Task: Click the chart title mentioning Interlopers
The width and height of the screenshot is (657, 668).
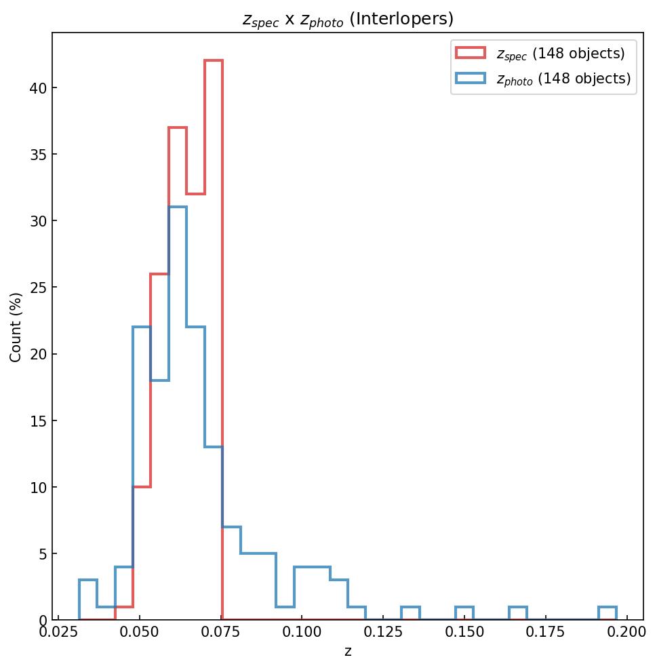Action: click(348, 20)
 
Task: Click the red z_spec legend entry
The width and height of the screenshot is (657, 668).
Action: click(540, 53)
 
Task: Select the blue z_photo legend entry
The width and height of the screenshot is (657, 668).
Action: click(543, 79)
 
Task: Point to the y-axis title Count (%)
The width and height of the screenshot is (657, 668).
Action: click(16, 327)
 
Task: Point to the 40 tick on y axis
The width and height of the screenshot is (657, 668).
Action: click(38, 87)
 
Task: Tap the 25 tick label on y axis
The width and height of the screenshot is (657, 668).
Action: click(38, 288)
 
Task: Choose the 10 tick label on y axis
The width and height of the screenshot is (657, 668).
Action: click(38, 487)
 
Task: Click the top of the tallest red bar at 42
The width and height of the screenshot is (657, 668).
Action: click(214, 61)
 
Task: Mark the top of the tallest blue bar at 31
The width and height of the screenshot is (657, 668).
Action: click(178, 208)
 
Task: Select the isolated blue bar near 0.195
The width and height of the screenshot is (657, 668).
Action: click(608, 608)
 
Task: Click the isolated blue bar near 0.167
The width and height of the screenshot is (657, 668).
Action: click(518, 608)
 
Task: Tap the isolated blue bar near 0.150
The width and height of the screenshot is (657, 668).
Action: click(464, 608)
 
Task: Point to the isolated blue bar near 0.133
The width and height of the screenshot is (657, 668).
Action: click(410, 608)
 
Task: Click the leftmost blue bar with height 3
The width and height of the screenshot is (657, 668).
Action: click(88, 581)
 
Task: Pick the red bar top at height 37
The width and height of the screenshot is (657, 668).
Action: click(178, 127)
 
